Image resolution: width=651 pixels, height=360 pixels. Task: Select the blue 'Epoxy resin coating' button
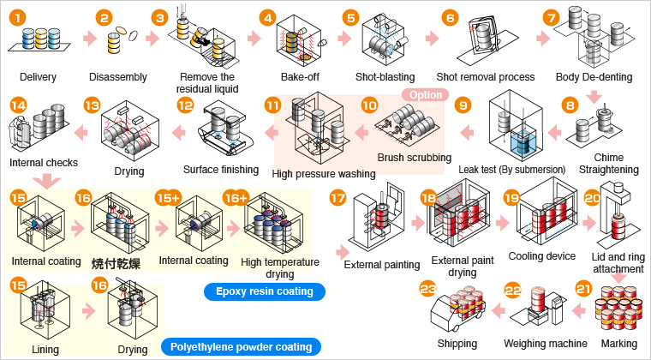(264, 291)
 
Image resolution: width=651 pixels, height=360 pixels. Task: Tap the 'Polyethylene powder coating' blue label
(240, 347)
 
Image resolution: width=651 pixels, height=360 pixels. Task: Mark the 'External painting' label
(381, 264)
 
